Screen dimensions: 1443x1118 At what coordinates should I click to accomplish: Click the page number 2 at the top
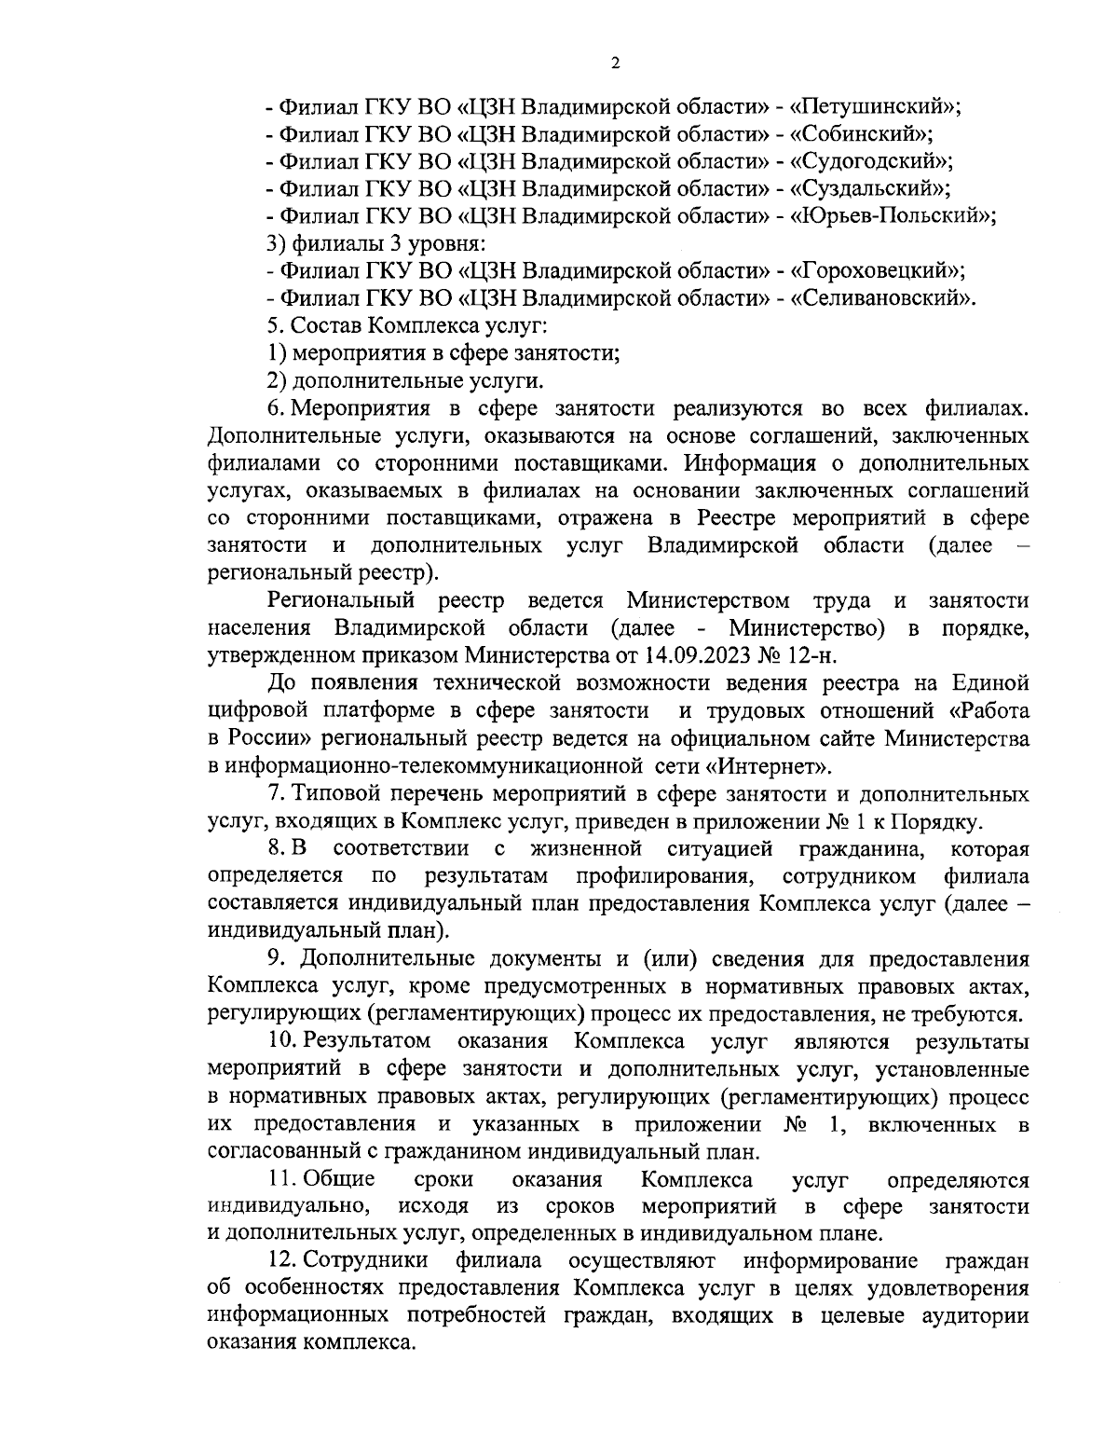pos(614,63)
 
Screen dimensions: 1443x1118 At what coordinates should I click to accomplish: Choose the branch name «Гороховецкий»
pos(875,271)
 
